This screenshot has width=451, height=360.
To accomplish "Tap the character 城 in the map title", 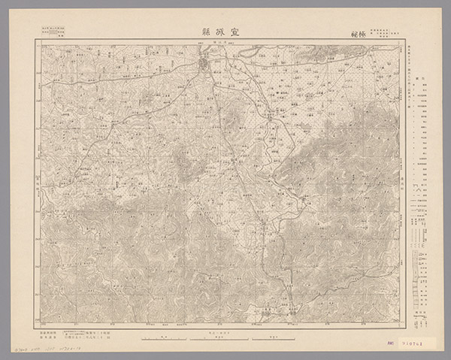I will pos(226,33).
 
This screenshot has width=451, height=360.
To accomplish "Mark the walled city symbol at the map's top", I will pos(204,68).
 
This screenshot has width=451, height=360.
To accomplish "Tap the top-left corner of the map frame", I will pos(35,42).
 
